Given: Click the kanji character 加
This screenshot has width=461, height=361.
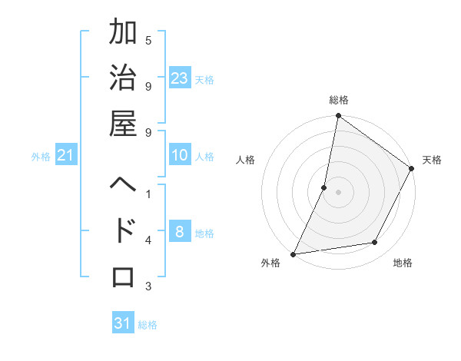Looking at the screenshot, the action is [124, 34].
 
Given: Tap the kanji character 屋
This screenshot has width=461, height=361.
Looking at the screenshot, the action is [124, 123].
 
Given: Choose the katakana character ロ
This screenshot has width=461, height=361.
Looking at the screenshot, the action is [124, 275].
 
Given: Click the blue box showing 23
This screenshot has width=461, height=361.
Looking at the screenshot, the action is [180, 78].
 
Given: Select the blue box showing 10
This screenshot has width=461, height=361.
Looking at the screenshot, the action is [180, 155].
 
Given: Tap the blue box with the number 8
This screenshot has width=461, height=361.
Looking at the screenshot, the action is [180, 231].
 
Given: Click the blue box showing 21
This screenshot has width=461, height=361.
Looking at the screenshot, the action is [66, 156].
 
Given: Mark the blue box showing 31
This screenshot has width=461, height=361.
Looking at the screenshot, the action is [123, 323].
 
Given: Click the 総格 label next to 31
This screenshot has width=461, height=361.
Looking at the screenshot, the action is [148, 325].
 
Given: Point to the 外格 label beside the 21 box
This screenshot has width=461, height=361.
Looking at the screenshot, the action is [41, 157].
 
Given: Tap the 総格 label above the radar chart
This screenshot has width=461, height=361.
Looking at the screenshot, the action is [338, 100].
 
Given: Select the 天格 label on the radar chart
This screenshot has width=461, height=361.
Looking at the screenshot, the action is [433, 160].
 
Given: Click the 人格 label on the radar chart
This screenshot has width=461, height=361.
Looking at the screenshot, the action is [245, 160].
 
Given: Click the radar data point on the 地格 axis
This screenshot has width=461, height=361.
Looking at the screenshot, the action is [375, 243].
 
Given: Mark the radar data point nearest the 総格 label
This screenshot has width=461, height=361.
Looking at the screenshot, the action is [338, 117].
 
